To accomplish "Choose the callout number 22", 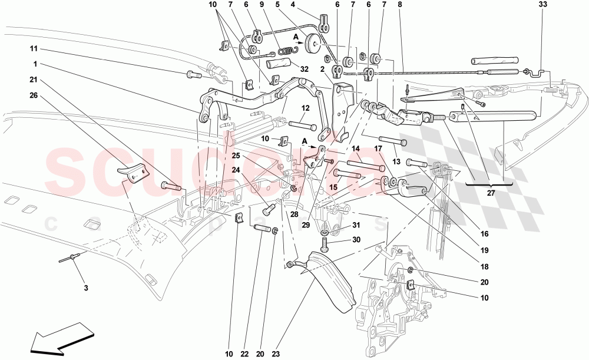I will pyautogui.click(x=244, y=354).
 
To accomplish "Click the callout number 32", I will pyautogui.click(x=305, y=69).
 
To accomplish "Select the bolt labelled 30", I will pyautogui.click(x=324, y=241).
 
